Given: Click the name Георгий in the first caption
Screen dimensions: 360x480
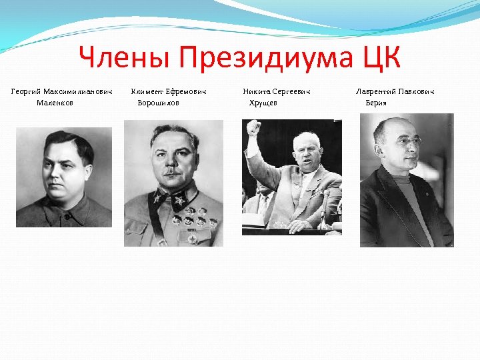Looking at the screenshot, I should point(26,91).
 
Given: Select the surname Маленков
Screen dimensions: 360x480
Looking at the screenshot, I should point(55,103).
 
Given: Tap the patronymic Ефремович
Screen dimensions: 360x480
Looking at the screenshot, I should point(186,91).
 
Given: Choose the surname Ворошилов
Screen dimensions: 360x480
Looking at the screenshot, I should point(158,103).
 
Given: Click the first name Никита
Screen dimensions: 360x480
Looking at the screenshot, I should point(257,91).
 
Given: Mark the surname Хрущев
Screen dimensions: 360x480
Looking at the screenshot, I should point(263,103).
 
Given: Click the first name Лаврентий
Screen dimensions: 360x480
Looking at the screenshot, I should point(376,91).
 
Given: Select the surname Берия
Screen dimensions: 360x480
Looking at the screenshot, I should point(376,103).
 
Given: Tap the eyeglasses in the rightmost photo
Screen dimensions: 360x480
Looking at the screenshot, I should point(407,142).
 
